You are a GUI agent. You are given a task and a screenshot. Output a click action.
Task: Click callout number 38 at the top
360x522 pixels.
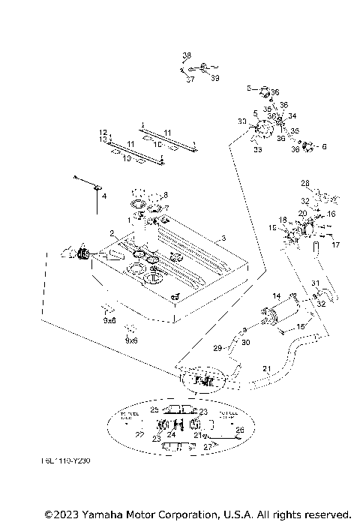(187, 55)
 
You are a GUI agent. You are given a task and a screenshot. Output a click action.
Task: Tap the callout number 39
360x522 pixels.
(214, 78)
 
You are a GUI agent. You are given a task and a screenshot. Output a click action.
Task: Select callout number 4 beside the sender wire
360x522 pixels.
(104, 196)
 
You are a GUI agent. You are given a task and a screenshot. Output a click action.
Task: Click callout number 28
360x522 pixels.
(305, 183)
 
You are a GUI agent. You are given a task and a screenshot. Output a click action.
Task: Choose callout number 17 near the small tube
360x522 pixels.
(335, 244)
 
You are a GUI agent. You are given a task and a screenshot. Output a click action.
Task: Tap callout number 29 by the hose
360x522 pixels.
(218, 349)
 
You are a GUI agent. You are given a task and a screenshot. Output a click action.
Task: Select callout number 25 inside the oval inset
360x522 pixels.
(154, 410)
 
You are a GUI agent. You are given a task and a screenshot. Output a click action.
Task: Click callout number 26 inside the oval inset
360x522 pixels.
(239, 430)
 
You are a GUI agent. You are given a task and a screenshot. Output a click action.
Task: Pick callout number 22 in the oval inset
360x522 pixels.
(139, 433)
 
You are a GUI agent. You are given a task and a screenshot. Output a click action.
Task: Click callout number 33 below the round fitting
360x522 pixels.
(257, 150)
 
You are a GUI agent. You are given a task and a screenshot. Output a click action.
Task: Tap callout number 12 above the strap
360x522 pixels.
(103, 132)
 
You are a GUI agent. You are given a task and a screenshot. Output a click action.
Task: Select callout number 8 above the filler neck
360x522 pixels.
(165, 195)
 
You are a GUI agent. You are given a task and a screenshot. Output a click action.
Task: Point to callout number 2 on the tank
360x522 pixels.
(112, 234)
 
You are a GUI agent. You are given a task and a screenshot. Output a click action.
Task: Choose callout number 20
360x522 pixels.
(302, 213)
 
